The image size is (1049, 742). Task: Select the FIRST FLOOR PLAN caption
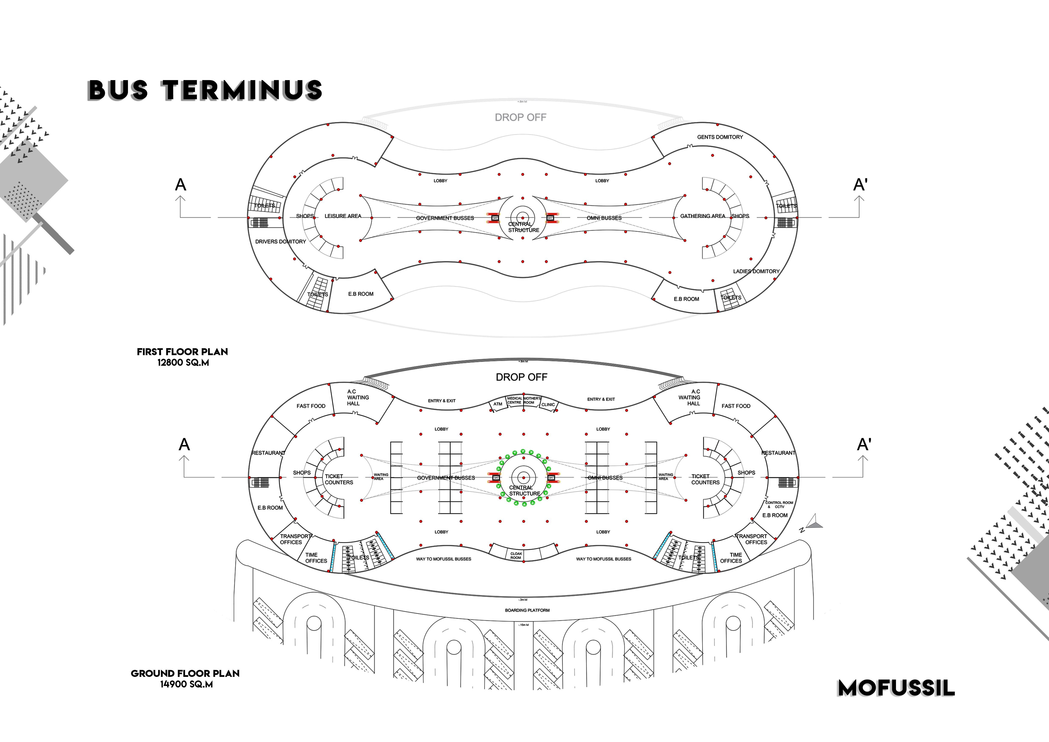pos(182,352)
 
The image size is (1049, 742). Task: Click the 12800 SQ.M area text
pos(183,363)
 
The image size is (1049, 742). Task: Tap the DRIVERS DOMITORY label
pos(281,242)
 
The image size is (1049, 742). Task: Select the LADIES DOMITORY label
pos(756,271)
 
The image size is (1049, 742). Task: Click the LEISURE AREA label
pos(343,216)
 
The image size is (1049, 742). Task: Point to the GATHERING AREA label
pos(702,216)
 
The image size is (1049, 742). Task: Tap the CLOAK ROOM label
pos(516,556)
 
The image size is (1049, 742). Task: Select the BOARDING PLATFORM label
pos(527,610)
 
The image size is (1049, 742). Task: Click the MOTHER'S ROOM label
pos(532,400)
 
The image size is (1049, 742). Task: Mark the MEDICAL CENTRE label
pos(514,400)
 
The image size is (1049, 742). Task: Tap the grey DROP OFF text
pos(520,117)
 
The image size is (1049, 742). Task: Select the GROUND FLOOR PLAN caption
pos(185,673)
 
